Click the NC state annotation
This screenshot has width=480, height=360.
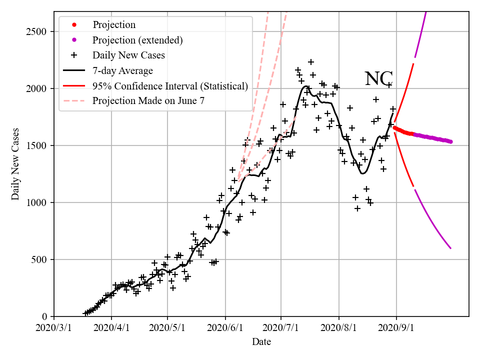tap(378, 79)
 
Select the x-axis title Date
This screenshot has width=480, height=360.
tap(261, 342)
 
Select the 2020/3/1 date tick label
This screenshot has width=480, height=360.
tap(54, 328)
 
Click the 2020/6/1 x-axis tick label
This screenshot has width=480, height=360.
tap(225, 328)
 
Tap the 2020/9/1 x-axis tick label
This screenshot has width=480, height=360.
tap(396, 328)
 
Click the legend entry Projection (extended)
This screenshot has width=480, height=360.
tap(137, 40)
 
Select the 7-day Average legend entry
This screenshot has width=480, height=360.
tap(122, 70)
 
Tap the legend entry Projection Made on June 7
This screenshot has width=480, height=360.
tap(148, 101)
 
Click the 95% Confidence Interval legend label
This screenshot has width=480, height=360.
tap(170, 86)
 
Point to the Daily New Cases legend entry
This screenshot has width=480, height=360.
tap(128, 55)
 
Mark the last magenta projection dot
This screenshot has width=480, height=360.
tap(450, 141)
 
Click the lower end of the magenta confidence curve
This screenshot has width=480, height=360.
tap(450, 248)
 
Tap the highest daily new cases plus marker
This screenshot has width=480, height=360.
tap(310, 62)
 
